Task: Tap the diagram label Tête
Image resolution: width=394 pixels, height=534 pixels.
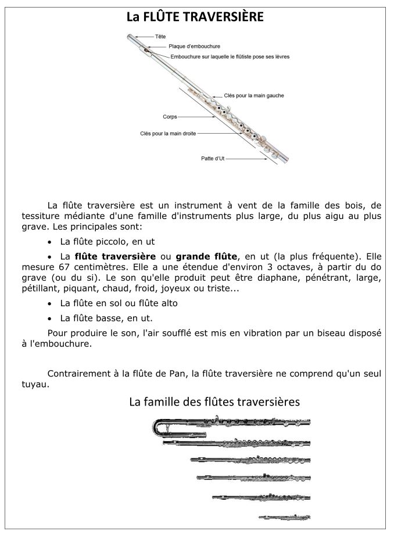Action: click(x=160, y=37)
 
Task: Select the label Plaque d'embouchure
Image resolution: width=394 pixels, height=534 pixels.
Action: click(x=194, y=46)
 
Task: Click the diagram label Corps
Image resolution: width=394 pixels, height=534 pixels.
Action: click(x=170, y=116)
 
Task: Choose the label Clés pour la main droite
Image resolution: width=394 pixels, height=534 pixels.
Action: click(x=168, y=133)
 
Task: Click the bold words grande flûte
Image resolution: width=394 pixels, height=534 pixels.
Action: click(x=206, y=256)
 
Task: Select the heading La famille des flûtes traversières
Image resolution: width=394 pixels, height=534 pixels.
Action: click(x=214, y=402)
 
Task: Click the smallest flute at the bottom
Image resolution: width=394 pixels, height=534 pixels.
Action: click(x=285, y=517)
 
